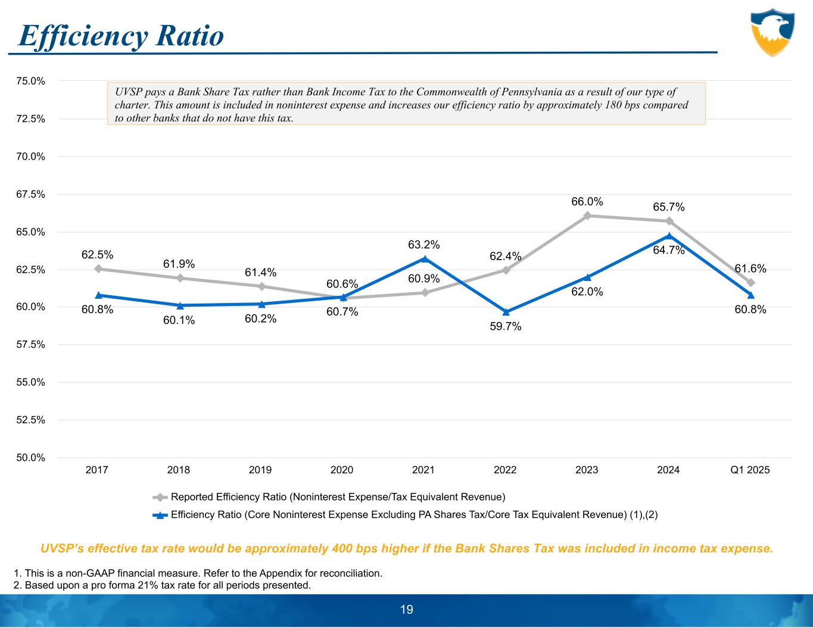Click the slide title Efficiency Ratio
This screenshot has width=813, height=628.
[121, 36]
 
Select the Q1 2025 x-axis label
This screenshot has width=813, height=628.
[749, 470]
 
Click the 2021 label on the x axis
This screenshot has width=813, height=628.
[423, 470]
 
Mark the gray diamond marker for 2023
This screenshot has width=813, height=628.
[587, 215]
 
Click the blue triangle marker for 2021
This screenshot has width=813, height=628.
[424, 259]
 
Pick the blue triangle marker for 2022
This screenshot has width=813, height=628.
[506, 312]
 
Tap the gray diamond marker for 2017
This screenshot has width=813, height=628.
[98, 268]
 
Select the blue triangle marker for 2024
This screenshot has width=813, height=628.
[669, 236]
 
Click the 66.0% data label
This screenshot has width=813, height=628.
[587, 202]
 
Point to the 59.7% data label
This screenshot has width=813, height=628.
[506, 326]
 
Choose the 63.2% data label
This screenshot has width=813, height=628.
[424, 245]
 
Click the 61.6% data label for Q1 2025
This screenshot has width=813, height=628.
[750, 269]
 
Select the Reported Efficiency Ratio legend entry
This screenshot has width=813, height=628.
[338, 496]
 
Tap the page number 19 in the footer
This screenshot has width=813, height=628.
[407, 610]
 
